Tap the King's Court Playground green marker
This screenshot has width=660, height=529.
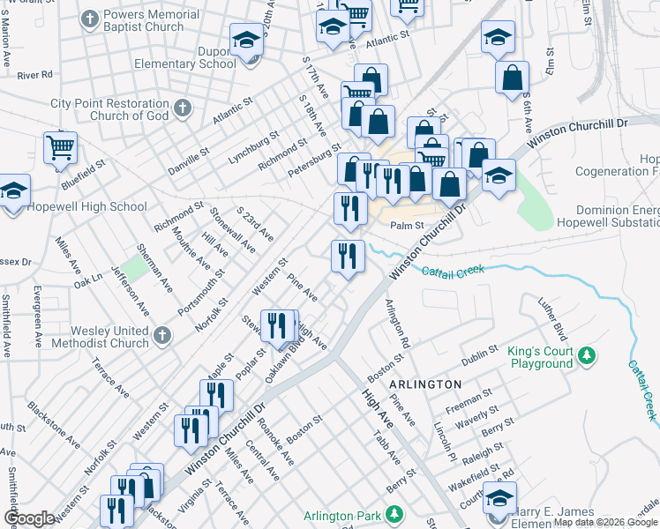pos(585,357)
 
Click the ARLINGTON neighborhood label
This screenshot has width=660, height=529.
pos(424,384)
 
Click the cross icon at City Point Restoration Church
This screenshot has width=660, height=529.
pos(183,109)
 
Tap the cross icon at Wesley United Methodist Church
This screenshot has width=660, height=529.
pos(161,335)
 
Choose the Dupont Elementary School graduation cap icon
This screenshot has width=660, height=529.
pos(246,40)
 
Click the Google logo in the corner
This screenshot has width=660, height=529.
pos(28,518)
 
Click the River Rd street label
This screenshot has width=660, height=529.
pos(34,75)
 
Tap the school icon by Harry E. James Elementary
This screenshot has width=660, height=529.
pos(499,499)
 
